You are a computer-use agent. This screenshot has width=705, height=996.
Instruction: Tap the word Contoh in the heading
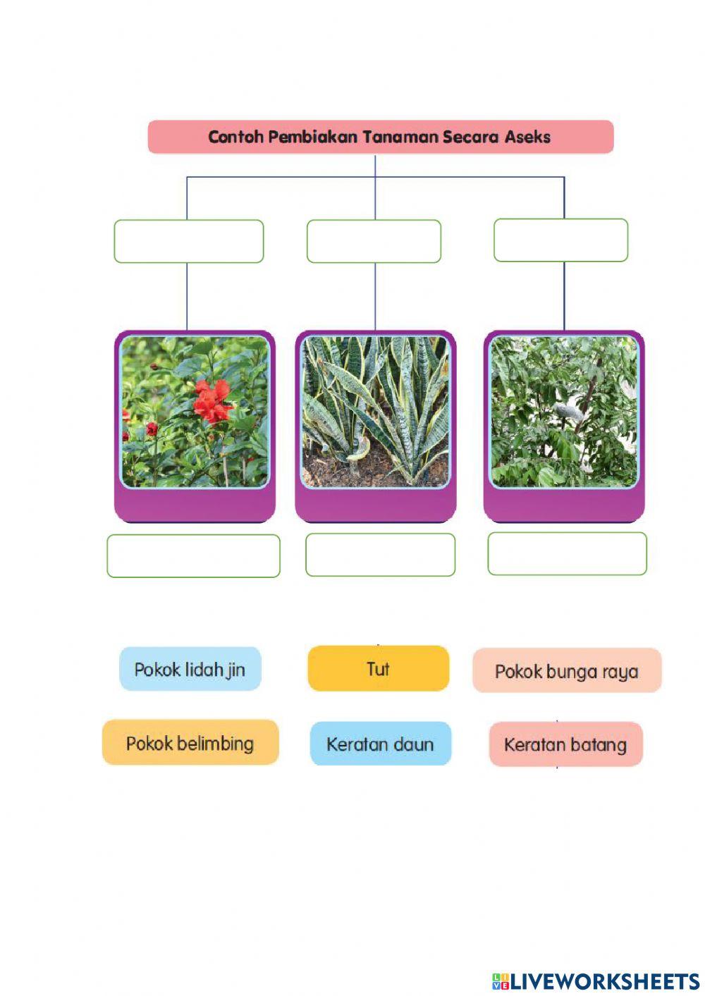pyautogui.click(x=235, y=137)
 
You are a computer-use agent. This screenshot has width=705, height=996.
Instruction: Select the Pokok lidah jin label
pyautogui.click(x=190, y=669)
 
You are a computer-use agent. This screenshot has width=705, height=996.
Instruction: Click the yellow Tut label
pyautogui.click(x=379, y=668)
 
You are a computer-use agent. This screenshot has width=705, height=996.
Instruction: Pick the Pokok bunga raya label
pyautogui.click(x=567, y=670)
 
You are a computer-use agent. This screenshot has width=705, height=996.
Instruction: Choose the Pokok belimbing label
pyautogui.click(x=190, y=742)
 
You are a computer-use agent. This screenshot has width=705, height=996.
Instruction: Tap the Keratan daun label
pyautogui.click(x=381, y=744)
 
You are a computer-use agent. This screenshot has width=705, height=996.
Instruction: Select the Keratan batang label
pyautogui.click(x=566, y=744)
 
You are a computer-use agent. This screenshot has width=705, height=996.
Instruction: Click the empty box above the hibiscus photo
pyautogui.click(x=189, y=241)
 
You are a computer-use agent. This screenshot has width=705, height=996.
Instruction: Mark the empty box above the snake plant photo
pyautogui.click(x=374, y=241)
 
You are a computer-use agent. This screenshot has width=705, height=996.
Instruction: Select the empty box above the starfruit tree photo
pyautogui.click(x=561, y=240)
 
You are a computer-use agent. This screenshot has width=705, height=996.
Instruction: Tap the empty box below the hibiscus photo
pyautogui.click(x=193, y=556)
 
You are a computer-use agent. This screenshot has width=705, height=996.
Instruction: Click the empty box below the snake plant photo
pyautogui.click(x=380, y=555)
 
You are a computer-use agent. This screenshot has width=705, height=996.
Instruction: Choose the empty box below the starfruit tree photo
pyautogui.click(x=567, y=553)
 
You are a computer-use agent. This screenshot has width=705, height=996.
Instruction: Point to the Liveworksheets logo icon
pyautogui.click(x=500, y=981)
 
